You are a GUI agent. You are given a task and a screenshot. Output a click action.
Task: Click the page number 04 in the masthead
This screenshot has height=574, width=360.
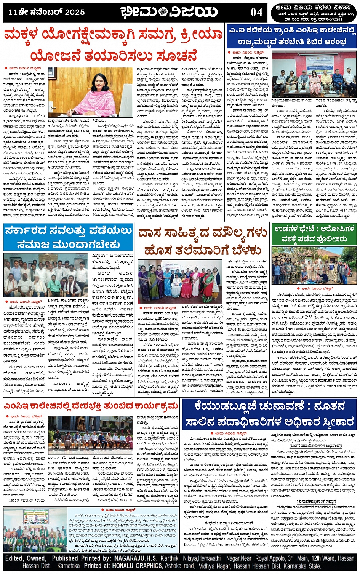point(256,13)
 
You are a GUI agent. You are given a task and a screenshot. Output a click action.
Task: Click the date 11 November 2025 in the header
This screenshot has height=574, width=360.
point(46,13)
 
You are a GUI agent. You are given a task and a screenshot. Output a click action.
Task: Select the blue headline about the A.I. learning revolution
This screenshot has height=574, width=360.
point(292,35)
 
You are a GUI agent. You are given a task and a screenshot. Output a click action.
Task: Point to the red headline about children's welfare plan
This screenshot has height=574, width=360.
point(113,45)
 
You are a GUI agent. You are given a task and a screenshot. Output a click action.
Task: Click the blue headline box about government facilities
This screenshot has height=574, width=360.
point(68,237)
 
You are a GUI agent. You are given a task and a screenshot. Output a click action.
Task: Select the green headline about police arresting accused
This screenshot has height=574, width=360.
point(314,234)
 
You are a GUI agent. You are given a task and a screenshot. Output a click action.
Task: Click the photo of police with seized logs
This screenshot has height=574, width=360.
point(314,265)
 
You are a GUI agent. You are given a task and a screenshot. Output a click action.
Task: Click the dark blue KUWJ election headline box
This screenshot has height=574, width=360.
point(269,414)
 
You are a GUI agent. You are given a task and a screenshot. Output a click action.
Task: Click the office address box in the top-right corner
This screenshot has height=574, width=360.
point(314,13)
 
